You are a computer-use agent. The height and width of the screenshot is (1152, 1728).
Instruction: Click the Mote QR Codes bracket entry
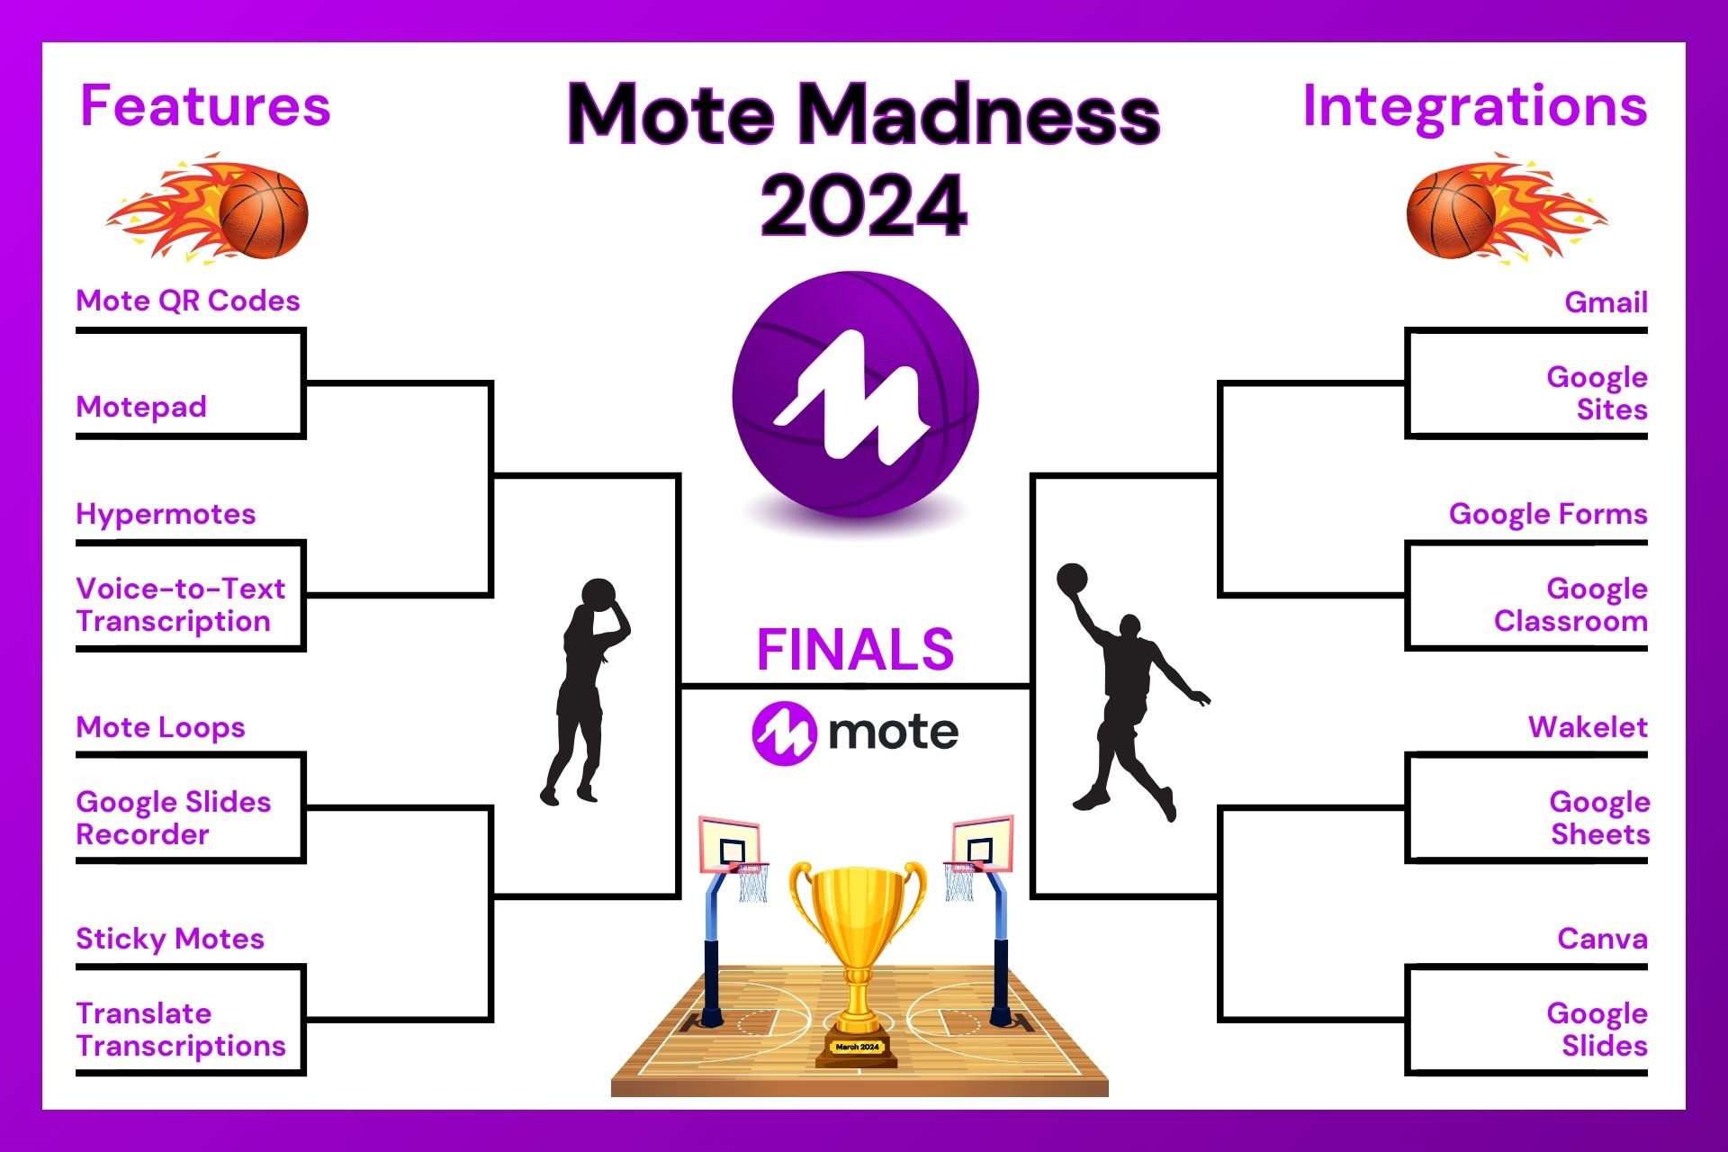click(x=187, y=301)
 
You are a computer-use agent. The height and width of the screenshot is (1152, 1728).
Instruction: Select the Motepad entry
click(x=141, y=407)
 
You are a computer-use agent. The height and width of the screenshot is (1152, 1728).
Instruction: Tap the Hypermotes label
click(x=166, y=514)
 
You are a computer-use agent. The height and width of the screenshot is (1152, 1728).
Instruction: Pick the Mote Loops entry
click(x=160, y=727)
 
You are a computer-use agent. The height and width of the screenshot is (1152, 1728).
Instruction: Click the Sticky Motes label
click(x=169, y=939)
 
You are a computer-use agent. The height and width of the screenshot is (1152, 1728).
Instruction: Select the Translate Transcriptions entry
click(x=180, y=1030)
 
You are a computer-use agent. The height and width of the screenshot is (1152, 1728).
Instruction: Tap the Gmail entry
click(x=1606, y=302)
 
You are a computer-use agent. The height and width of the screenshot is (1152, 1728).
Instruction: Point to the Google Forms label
click(x=1547, y=514)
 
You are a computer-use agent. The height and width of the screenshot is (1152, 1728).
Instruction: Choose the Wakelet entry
click(x=1587, y=727)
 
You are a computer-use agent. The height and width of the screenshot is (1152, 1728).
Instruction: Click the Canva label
click(x=1602, y=939)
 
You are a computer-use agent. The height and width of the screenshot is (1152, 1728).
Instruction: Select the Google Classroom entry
click(x=1570, y=605)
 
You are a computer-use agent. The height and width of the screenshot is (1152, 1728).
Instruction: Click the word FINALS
click(x=855, y=650)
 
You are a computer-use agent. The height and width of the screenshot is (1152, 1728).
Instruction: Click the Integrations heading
click(x=1474, y=106)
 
